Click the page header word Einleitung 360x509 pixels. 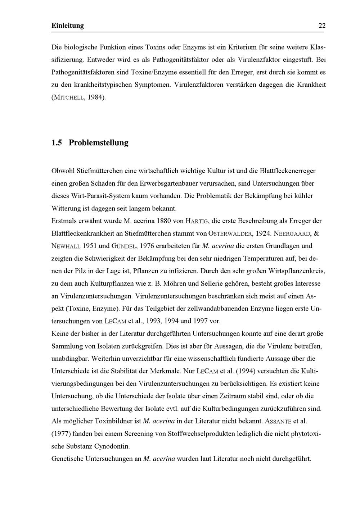coord(67,26)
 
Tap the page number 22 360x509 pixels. coord(322,26)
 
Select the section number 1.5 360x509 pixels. coord(57,143)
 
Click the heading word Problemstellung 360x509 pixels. coord(98,143)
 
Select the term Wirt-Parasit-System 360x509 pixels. coord(95,196)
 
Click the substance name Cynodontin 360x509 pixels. coord(112,446)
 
